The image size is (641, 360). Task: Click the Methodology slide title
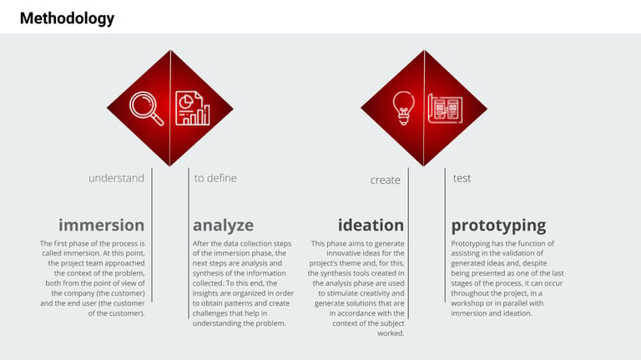[67, 19]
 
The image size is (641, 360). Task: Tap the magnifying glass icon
[146, 109]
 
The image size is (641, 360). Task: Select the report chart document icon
[193, 108]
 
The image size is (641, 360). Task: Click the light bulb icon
[403, 108]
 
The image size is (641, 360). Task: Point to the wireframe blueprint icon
[445, 108]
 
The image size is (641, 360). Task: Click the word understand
[117, 179]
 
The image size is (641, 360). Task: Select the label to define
[215, 179]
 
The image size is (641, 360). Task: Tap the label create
[385, 180]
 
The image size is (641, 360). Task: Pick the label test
[462, 179]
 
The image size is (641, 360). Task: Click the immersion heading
[101, 226]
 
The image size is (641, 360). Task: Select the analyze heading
[223, 226]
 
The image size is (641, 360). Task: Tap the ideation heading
[371, 226]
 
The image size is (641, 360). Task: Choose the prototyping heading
[499, 226]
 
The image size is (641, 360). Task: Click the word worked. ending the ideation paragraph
[391, 333]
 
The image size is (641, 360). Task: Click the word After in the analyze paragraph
[200, 243]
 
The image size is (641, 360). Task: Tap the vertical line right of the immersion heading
[152, 236]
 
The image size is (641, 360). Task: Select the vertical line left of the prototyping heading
[445, 236]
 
